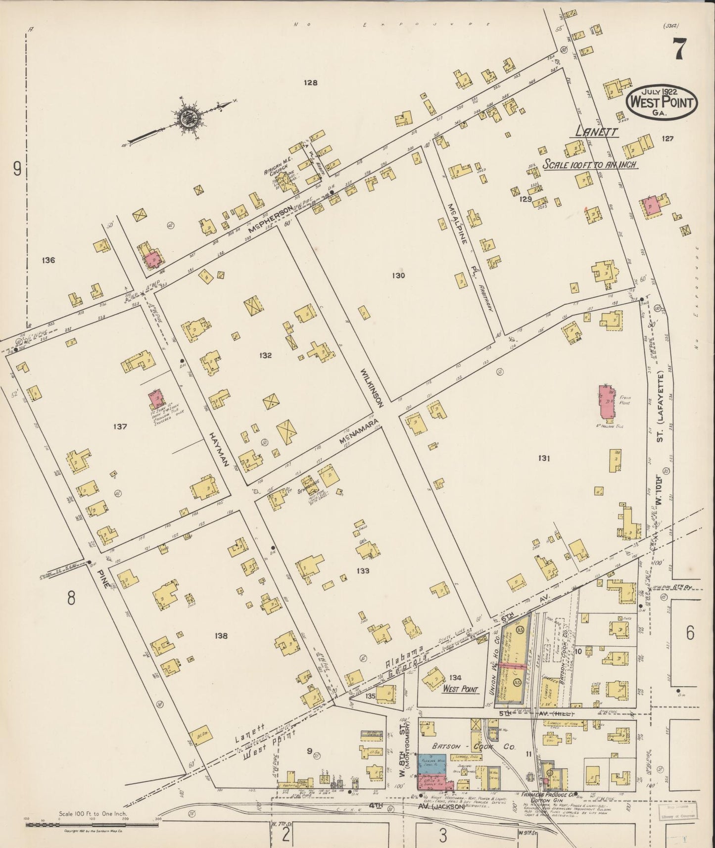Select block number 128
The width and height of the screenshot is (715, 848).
coord(310,83)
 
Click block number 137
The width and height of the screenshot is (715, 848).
coord(120,426)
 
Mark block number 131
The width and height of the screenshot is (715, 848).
coord(544,459)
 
